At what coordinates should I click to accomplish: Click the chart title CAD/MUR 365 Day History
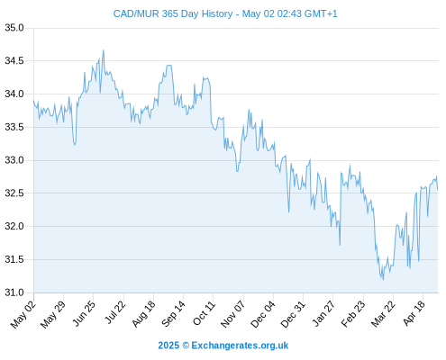tap(173, 13)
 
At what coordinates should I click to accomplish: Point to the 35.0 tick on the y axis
tap(14, 28)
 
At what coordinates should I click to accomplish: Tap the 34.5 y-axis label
tap(14, 61)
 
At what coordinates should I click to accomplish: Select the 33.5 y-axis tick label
tap(14, 127)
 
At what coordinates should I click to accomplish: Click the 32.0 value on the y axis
tap(14, 226)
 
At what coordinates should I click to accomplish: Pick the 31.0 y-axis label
tap(14, 292)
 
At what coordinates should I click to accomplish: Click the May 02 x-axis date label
tap(23, 314)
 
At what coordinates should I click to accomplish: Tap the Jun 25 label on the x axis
tap(84, 313)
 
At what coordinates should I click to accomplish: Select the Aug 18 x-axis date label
tap(144, 314)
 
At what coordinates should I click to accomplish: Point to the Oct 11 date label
tap(204, 313)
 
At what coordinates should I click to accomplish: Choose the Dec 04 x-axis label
tap(263, 314)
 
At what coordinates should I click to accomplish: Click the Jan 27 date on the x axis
tap(323, 313)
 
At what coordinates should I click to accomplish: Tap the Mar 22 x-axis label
tap(383, 314)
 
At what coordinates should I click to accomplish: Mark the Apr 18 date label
tap(414, 313)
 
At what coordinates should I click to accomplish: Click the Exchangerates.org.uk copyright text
tap(223, 346)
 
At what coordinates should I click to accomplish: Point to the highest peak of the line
tap(104, 50)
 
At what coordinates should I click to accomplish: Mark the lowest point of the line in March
tap(383, 280)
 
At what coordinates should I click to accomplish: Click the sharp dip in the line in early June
tap(75, 145)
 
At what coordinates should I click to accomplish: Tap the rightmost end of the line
tap(438, 190)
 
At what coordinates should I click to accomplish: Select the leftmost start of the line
tap(33, 101)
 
